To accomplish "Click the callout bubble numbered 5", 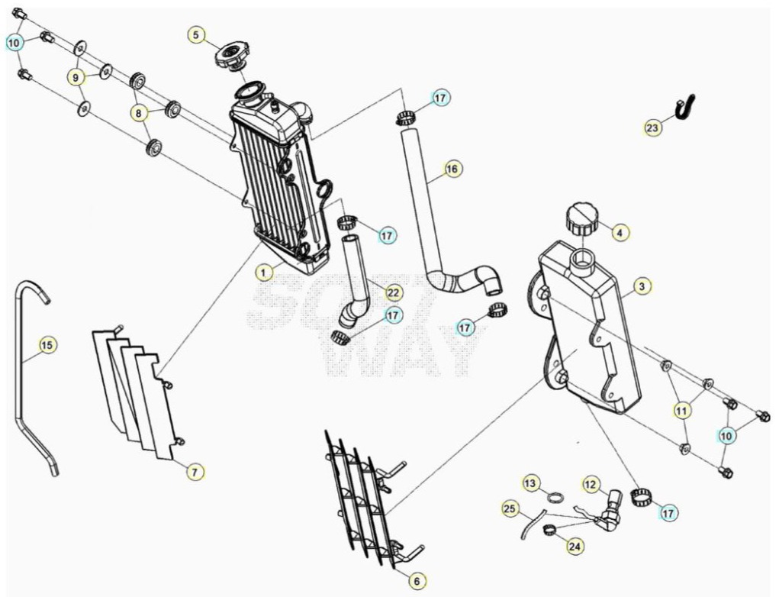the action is click(x=196, y=35).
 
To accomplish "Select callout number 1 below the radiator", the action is click(x=264, y=272).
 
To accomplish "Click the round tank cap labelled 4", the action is click(x=582, y=218).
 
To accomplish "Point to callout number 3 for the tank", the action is click(x=642, y=286).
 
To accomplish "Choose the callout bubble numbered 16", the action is click(x=452, y=169).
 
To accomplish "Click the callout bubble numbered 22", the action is click(x=393, y=293).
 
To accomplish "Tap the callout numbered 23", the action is click(x=652, y=127).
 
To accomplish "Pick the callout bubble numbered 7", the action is click(x=195, y=471).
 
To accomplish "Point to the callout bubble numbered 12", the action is click(x=591, y=484).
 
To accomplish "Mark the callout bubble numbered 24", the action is click(x=575, y=547).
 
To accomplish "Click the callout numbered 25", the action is click(x=510, y=508).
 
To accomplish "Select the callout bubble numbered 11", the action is click(x=682, y=411).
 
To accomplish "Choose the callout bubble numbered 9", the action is click(x=76, y=78).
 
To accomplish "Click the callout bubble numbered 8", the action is click(x=139, y=113).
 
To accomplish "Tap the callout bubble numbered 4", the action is click(x=620, y=231).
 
